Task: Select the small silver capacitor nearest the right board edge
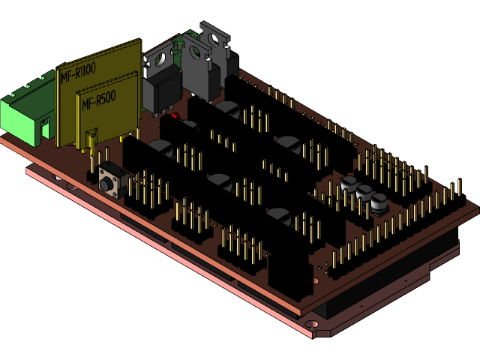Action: tap(380, 202)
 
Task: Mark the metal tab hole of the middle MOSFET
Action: tap(196, 51)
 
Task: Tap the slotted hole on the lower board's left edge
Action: tap(56, 177)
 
